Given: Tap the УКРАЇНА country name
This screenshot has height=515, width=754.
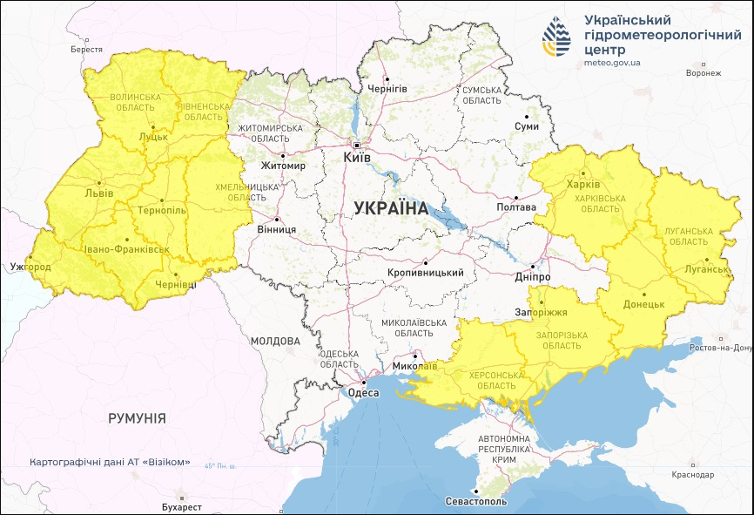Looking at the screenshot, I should (x=392, y=208).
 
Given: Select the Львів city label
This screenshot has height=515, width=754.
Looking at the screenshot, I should (x=98, y=193).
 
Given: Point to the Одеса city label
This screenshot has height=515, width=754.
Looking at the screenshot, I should (x=363, y=393).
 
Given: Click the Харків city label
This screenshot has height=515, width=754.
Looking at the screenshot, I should (x=582, y=185).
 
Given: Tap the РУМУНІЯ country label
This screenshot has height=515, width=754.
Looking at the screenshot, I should (x=137, y=418).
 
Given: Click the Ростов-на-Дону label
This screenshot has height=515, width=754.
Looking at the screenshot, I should (x=719, y=348).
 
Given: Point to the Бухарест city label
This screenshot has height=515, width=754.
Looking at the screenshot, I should (x=181, y=506).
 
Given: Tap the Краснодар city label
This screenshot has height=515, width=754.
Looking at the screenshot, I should (x=693, y=475).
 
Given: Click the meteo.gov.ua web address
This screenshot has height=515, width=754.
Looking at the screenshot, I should (x=612, y=63).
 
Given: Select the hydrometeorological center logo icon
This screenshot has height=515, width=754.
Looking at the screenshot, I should (x=557, y=39).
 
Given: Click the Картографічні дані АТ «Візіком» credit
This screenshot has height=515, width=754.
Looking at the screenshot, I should (x=109, y=462).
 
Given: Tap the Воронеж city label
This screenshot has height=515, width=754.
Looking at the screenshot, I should (x=704, y=73).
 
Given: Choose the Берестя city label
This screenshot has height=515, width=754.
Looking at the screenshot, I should (x=87, y=50).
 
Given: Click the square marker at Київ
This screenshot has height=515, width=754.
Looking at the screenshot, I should (x=357, y=145).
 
